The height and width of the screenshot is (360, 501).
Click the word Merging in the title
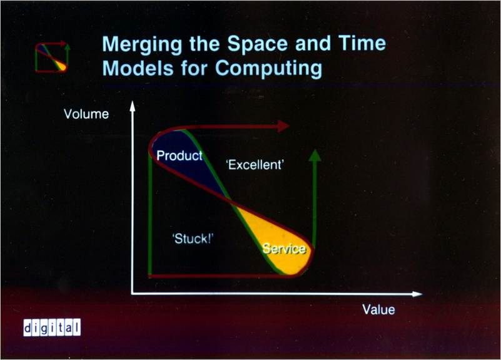click(x=142, y=44)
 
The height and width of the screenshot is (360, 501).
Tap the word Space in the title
click(x=258, y=44)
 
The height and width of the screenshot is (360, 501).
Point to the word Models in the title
click(x=138, y=68)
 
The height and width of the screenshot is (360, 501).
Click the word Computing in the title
click(x=269, y=69)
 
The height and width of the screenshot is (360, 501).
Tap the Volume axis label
click(x=86, y=114)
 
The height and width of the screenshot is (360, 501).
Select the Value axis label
click(x=378, y=309)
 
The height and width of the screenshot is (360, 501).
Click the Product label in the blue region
click(x=180, y=156)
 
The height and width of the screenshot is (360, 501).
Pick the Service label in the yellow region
click(x=284, y=249)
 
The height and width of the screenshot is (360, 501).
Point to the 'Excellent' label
click(x=255, y=165)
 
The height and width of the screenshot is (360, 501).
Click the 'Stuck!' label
click(x=193, y=239)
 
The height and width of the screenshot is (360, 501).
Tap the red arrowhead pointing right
click(x=284, y=126)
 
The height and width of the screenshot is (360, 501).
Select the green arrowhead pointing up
click(x=315, y=156)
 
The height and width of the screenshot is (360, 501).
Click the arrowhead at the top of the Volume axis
click(x=132, y=106)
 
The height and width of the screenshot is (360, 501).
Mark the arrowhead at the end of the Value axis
click(x=417, y=294)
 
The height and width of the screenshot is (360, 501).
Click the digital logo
click(x=52, y=327)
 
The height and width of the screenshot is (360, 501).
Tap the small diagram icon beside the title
click(x=53, y=57)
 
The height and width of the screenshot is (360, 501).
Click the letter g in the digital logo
click(x=44, y=328)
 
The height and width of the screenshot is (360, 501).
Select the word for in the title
click(x=195, y=68)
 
